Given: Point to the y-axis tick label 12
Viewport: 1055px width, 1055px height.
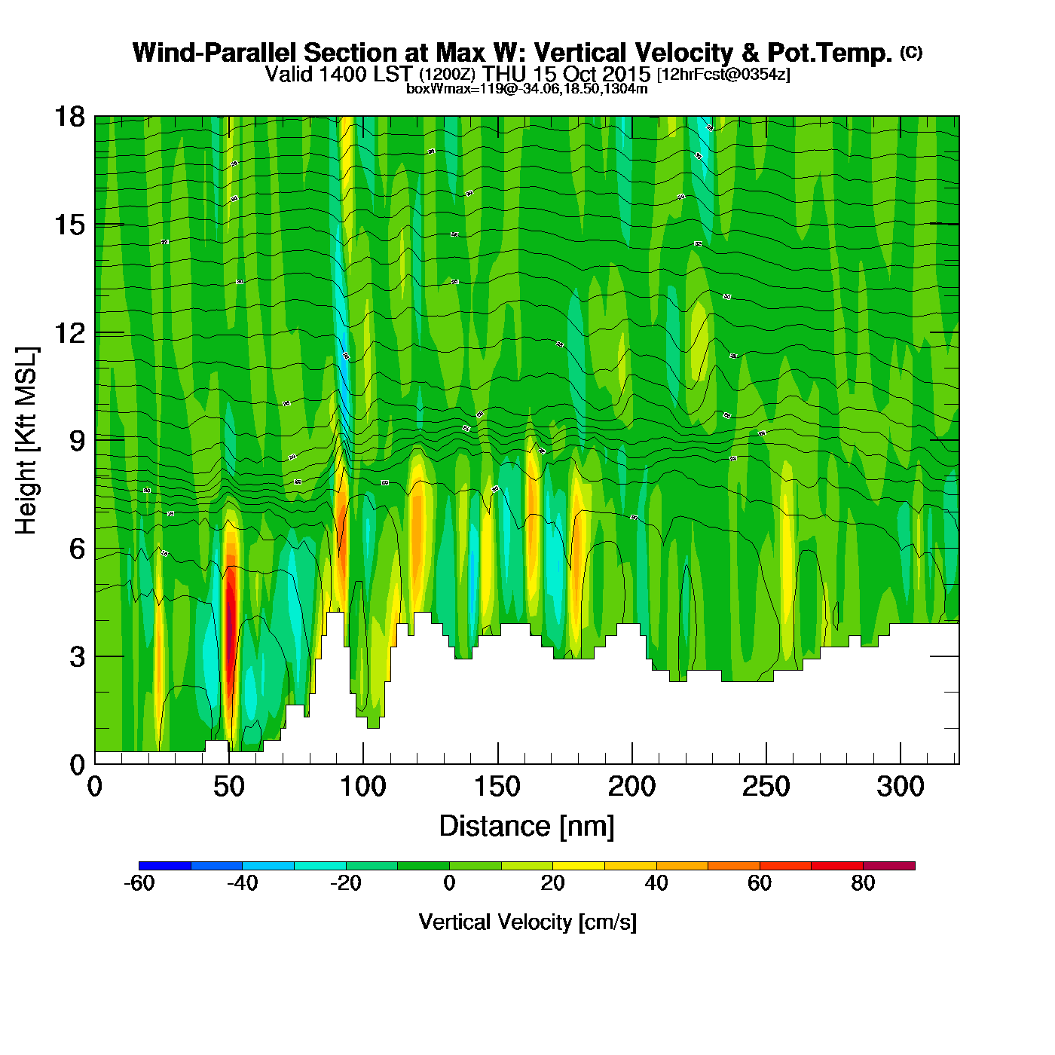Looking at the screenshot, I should (x=69, y=332).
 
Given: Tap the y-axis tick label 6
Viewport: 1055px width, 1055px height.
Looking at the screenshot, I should (x=77, y=549).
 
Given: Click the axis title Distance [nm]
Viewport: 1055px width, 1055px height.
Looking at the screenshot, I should (x=527, y=827).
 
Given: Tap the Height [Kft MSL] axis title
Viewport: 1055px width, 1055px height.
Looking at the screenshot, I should (x=26, y=441).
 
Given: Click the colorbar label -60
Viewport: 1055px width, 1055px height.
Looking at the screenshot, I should (x=139, y=883).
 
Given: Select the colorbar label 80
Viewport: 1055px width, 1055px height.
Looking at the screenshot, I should (x=863, y=883).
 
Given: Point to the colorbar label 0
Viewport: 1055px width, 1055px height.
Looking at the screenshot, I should (x=449, y=883).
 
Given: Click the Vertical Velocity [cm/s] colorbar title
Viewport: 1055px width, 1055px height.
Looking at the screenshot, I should (x=527, y=922).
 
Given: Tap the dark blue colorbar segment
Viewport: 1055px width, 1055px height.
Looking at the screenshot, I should (x=165, y=866).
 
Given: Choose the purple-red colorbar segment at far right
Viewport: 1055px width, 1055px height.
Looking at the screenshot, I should (x=888, y=866).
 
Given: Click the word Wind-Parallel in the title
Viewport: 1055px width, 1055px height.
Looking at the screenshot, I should (x=216, y=53).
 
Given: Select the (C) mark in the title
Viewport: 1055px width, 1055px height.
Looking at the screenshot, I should (x=910, y=52).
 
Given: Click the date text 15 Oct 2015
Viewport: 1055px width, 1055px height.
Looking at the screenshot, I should (x=592, y=74).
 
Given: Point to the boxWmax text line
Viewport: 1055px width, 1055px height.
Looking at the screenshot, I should (x=527, y=88).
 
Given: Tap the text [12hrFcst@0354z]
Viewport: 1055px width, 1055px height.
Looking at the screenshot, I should (x=723, y=75).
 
